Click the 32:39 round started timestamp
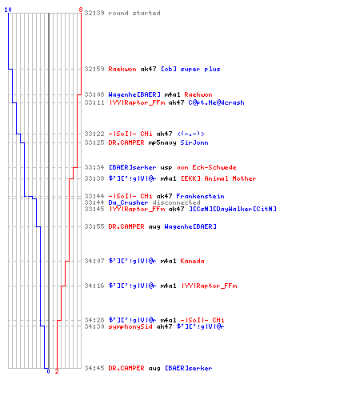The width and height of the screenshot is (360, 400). click(x=94, y=13)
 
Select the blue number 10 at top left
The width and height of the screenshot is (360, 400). click(x=8, y=10)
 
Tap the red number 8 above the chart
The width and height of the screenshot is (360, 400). click(x=81, y=10)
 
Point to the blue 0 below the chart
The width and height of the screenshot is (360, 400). click(x=48, y=371)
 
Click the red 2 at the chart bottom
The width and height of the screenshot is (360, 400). click(x=57, y=371)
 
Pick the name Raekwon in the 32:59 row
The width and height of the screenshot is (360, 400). click(x=122, y=69)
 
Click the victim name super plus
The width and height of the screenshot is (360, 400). click(x=200, y=70)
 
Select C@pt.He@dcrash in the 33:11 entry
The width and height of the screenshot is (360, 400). click(x=216, y=102)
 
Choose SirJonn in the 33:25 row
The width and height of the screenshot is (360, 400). click(x=194, y=142)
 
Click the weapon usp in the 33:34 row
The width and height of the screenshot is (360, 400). click(x=166, y=168)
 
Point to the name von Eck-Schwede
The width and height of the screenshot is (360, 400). click(x=206, y=167)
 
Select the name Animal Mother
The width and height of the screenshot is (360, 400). click(x=230, y=178)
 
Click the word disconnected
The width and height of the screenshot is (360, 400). click(x=176, y=202)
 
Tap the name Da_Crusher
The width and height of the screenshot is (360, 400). click(x=128, y=202)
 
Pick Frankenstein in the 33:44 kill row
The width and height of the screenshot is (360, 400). click(x=200, y=196)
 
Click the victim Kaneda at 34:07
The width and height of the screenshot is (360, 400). click(x=192, y=261)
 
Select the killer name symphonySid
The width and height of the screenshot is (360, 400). click(x=130, y=326)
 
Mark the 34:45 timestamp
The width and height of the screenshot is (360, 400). click(x=94, y=368)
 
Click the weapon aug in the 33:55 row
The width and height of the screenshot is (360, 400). click(x=154, y=227)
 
